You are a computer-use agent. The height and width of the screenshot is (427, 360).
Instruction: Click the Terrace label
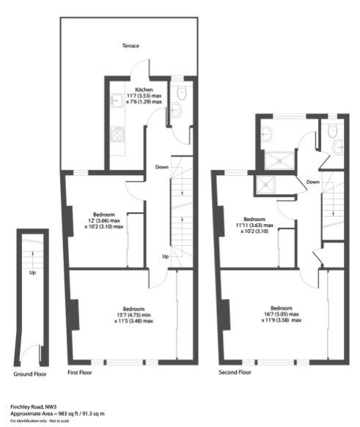point(131,46)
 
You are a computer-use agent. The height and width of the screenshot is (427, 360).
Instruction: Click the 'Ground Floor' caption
point(31,374)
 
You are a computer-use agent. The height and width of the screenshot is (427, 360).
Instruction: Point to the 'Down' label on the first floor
point(162,168)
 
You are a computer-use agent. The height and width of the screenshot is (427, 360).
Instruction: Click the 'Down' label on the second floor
point(313,182)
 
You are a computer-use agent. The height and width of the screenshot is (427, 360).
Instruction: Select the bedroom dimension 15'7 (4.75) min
point(132,315)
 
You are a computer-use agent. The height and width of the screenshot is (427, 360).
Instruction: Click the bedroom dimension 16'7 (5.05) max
point(282,315)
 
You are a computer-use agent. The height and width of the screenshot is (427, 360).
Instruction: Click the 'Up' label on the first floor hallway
point(165,256)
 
